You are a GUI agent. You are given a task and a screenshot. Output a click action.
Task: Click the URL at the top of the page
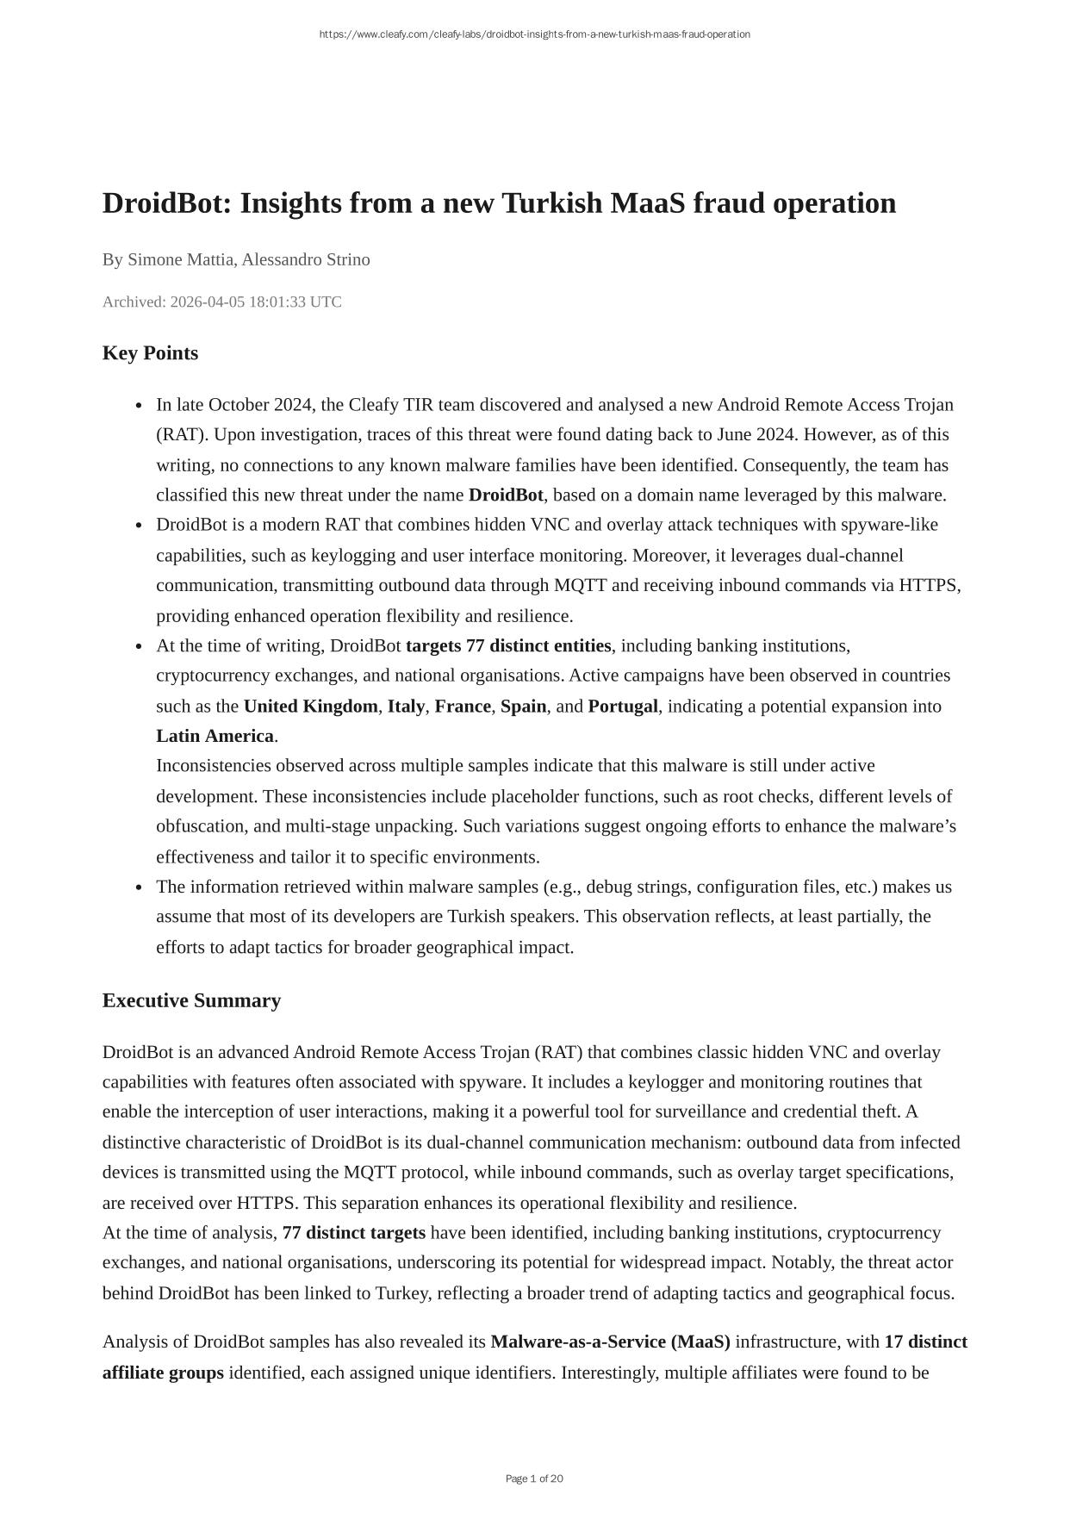pos(534,34)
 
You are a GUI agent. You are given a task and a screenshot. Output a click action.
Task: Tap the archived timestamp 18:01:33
pos(277,302)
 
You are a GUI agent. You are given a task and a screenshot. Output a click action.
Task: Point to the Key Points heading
pos(150,353)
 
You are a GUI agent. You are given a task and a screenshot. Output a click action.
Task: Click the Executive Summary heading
pos(191,1000)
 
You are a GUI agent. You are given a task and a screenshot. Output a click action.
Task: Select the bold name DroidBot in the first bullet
pos(506,495)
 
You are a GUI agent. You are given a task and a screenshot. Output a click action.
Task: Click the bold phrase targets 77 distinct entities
pos(508,645)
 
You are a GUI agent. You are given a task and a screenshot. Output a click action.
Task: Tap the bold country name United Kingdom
pos(310,707)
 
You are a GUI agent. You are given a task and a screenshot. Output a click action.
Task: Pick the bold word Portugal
pos(623,707)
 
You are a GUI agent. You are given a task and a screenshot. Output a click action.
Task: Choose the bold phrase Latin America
pos(215,736)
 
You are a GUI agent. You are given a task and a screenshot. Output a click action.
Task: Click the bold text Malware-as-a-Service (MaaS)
pos(610,1342)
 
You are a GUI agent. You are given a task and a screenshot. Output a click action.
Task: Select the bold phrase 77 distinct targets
pos(353,1233)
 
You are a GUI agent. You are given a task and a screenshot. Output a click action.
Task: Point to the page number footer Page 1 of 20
pos(534,1479)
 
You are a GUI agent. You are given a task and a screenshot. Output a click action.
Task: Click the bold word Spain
pos(523,707)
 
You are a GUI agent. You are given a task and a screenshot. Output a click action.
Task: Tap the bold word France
pos(463,707)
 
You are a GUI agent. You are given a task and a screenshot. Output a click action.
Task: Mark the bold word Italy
pos(406,707)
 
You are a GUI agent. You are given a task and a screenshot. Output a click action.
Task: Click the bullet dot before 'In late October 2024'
pos(139,406)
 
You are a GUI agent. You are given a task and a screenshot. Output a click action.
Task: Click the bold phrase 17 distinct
pos(925,1342)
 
